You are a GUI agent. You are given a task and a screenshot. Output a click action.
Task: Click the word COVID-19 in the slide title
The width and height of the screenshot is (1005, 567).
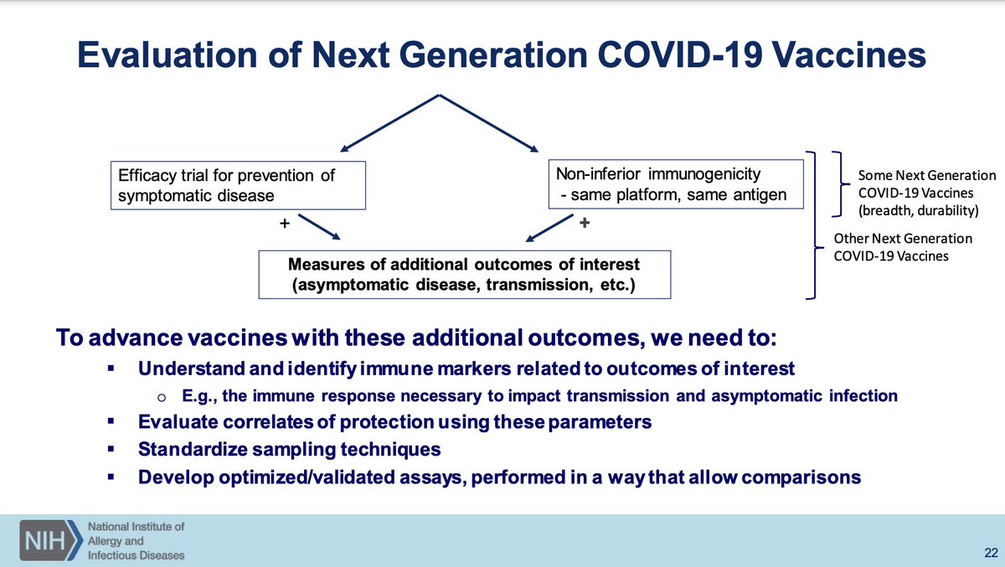coord(680,55)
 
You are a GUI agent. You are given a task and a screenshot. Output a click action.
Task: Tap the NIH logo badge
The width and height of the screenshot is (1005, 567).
coord(51,540)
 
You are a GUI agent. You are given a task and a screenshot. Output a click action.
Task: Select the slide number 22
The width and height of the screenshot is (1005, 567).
coord(991,553)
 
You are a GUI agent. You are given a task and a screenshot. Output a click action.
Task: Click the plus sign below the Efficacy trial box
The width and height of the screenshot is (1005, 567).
coord(285,223)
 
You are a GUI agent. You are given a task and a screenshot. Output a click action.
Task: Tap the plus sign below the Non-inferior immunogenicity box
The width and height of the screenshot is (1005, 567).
coord(585,223)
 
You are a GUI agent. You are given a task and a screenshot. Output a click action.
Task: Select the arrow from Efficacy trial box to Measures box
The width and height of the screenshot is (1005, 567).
coord(319,227)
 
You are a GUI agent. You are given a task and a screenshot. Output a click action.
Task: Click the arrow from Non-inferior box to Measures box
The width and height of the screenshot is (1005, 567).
coord(549,228)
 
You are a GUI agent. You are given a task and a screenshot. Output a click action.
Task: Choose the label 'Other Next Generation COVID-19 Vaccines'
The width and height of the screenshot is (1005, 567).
coord(903,247)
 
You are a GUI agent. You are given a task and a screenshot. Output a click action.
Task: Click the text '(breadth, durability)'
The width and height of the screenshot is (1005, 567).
coord(919,210)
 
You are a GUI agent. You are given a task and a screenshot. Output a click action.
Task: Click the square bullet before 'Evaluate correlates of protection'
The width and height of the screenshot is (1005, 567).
coord(111,421)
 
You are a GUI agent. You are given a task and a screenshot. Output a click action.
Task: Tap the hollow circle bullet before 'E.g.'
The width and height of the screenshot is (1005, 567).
coord(162,397)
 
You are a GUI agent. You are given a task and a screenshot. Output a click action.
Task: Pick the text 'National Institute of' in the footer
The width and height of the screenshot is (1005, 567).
coord(136,527)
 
